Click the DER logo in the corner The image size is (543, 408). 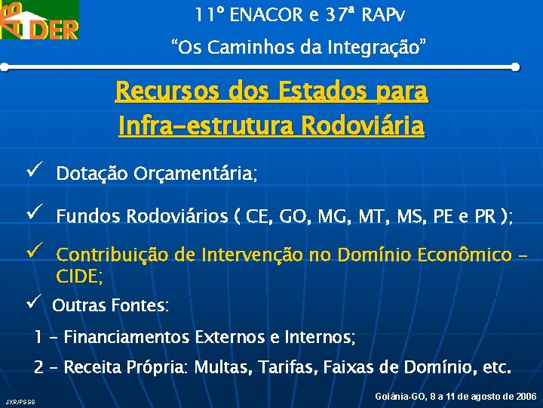click(39, 20)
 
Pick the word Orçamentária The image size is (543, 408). click(195, 175)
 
